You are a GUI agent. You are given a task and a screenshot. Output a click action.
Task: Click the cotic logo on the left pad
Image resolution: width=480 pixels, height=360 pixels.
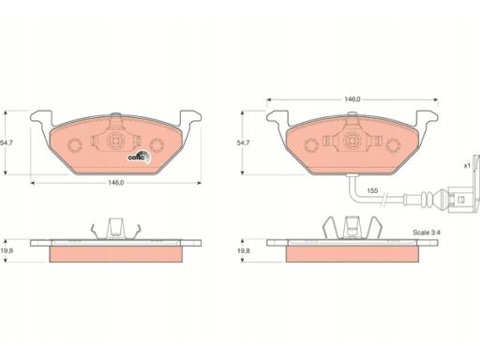[140, 157]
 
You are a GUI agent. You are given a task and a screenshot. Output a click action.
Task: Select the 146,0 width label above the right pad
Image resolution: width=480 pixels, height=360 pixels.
[352, 99]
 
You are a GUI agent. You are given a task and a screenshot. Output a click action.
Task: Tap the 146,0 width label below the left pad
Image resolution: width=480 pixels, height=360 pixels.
[116, 183]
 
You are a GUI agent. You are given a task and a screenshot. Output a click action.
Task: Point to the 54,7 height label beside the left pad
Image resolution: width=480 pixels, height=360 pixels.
[7, 142]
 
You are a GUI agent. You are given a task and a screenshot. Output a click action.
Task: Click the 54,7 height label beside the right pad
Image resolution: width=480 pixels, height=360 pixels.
[243, 142]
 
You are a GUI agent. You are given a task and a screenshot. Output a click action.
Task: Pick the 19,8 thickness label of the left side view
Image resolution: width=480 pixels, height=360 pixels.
[7, 250]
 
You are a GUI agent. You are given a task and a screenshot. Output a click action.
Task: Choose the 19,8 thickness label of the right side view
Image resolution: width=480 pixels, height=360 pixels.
[243, 250]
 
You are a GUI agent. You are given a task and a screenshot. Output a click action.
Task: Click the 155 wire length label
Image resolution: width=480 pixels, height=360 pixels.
[372, 190]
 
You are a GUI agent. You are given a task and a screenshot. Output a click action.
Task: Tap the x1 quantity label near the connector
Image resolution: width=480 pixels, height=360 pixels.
[467, 166]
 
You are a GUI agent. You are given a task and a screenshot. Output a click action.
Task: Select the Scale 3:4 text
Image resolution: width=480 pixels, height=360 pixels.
[427, 232]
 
